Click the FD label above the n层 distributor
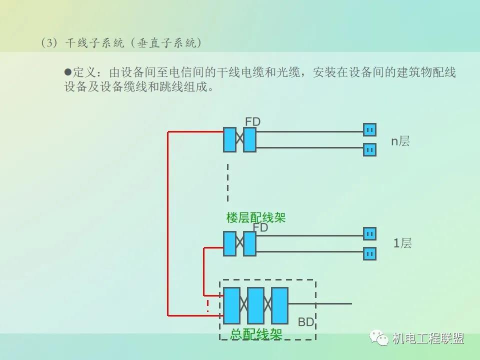click(x=252, y=121)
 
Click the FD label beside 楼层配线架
click(x=260, y=227)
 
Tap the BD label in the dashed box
click(x=306, y=322)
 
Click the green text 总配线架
click(x=256, y=334)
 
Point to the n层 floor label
click(x=400, y=141)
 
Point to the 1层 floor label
click(x=402, y=243)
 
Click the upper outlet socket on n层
click(x=369, y=130)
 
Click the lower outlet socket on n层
click(x=369, y=149)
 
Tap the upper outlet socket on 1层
click(x=369, y=233)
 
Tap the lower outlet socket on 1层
click(x=369, y=253)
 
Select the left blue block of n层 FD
click(x=229, y=139)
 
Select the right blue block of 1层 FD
click(x=249, y=244)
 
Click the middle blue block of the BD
click(x=255, y=305)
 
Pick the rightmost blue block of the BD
click(x=279, y=305)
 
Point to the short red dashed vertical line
click(x=208, y=305)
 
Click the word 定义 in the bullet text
click(x=84, y=72)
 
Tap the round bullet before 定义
click(x=68, y=71)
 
